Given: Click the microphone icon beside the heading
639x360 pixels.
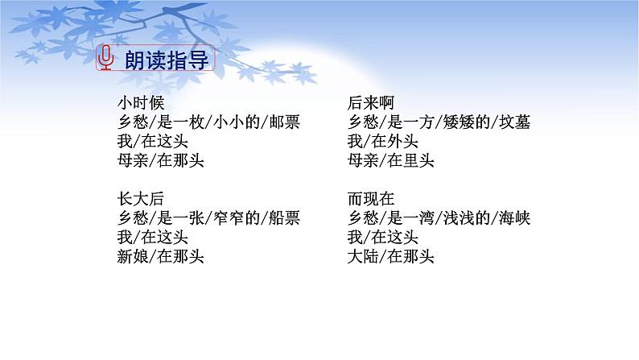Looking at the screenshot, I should pos(105,58).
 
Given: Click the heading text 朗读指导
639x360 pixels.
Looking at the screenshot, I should pos(164,59).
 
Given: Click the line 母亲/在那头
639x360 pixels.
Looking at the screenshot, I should pos(160,159).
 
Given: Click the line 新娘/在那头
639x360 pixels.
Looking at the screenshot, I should pos(160,256).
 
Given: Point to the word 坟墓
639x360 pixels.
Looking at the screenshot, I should pos(514,123).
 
